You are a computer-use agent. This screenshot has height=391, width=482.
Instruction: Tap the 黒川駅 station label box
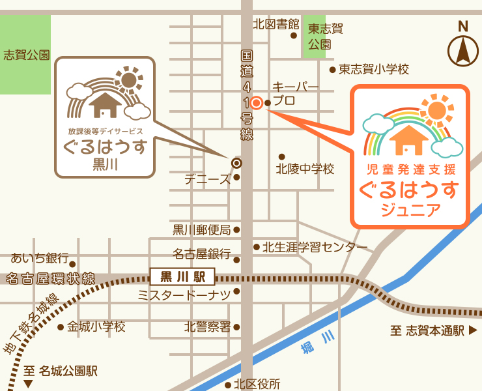(x=182, y=276)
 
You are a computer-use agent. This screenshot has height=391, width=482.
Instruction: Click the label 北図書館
(x=276, y=24)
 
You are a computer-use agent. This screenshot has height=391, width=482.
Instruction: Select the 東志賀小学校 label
(x=373, y=69)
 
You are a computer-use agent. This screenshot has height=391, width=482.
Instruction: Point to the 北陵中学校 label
(x=305, y=169)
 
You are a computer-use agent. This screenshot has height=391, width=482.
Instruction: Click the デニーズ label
(x=207, y=179)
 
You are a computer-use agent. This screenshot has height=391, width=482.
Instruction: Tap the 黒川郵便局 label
(x=201, y=229)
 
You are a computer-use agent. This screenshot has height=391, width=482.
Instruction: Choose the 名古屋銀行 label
(x=201, y=253)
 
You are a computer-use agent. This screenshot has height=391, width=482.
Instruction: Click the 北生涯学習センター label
(x=315, y=247)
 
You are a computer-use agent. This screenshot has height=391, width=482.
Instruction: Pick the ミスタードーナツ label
(x=184, y=296)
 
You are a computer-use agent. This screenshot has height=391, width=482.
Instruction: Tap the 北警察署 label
(x=207, y=326)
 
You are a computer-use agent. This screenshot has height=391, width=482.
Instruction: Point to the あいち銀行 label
(x=38, y=259)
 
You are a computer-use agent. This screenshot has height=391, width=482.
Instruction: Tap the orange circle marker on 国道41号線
(x=257, y=102)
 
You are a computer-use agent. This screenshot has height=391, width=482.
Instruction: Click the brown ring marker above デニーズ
(x=236, y=162)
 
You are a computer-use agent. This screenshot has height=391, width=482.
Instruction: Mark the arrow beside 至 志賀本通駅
(x=473, y=330)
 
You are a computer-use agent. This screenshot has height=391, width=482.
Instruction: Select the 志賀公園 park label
(x=26, y=55)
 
